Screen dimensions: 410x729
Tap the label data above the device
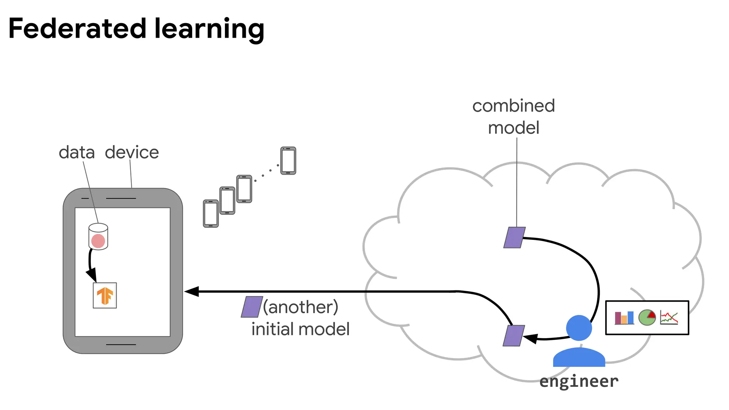click(x=77, y=152)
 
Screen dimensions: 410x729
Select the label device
click(x=132, y=152)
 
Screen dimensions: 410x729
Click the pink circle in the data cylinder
click(x=98, y=241)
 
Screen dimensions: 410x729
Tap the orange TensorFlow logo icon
click(x=105, y=296)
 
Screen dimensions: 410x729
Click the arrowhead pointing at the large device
click(x=192, y=291)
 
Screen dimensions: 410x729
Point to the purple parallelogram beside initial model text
click(x=252, y=307)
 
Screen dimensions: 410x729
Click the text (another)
click(x=301, y=307)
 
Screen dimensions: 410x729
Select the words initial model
click(x=300, y=329)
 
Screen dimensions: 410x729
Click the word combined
click(x=513, y=106)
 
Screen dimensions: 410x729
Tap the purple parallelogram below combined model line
click(x=514, y=237)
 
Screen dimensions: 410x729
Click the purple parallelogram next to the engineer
click(x=514, y=335)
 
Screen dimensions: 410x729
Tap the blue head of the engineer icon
click(x=579, y=328)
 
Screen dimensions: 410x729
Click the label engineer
click(x=579, y=382)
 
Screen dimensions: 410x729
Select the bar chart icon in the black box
click(x=624, y=318)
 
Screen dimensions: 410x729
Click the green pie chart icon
click(x=647, y=317)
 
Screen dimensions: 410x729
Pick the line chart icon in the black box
click(x=669, y=317)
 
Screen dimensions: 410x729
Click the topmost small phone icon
click(x=288, y=161)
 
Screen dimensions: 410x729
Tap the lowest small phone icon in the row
click(x=211, y=214)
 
